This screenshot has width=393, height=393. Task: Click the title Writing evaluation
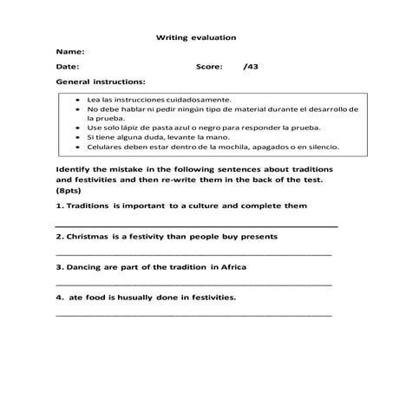click(196, 37)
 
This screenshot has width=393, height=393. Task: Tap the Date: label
click(67, 66)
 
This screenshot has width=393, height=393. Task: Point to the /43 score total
click(251, 66)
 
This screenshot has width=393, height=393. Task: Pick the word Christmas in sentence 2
click(91, 236)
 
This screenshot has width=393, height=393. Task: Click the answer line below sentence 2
click(193, 255)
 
